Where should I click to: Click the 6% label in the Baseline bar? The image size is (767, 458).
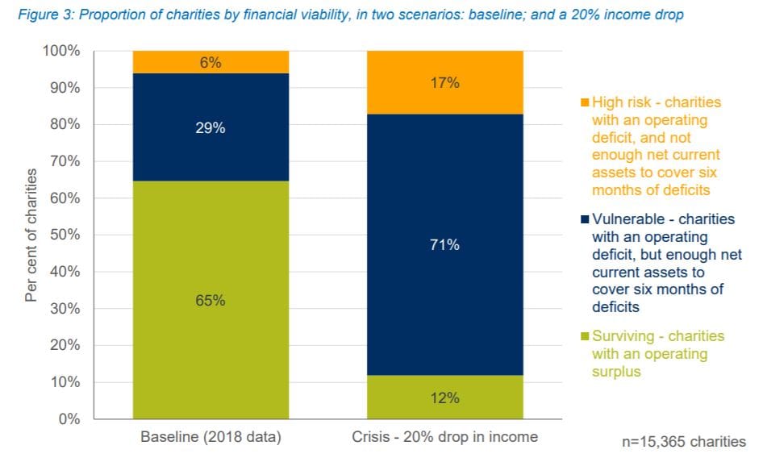click(211, 62)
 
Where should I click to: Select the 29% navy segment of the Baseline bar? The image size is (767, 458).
click(211, 127)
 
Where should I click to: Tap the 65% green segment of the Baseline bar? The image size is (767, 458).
click(211, 300)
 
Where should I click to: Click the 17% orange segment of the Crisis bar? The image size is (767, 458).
click(444, 82)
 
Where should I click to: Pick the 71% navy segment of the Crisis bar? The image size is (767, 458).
click(444, 244)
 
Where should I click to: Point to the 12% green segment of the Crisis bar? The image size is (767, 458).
click(444, 398)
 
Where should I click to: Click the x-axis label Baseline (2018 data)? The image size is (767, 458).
click(211, 438)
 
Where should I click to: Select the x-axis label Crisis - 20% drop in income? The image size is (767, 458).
click(444, 438)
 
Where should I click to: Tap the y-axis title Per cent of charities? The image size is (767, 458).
click(31, 235)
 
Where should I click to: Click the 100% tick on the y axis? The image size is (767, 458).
click(60, 51)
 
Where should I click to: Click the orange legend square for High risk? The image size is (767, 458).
click(585, 102)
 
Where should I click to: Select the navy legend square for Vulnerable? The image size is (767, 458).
click(585, 219)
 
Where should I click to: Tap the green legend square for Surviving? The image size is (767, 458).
click(585, 336)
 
